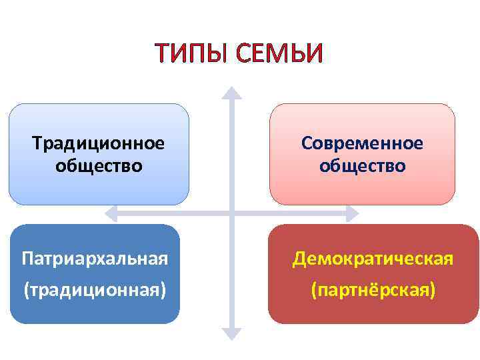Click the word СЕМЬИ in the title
[x=279, y=53]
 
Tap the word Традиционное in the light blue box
[x=99, y=143]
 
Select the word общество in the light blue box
[x=99, y=165]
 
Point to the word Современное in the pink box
[x=362, y=143]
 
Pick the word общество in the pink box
[x=362, y=165]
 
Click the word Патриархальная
[x=95, y=258]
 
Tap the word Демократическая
[x=374, y=258]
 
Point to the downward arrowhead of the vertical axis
[x=231, y=334]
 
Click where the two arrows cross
[x=231, y=214]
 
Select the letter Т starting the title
[x=162, y=53]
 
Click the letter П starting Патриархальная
[x=27, y=258]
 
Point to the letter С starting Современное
[x=306, y=143]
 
